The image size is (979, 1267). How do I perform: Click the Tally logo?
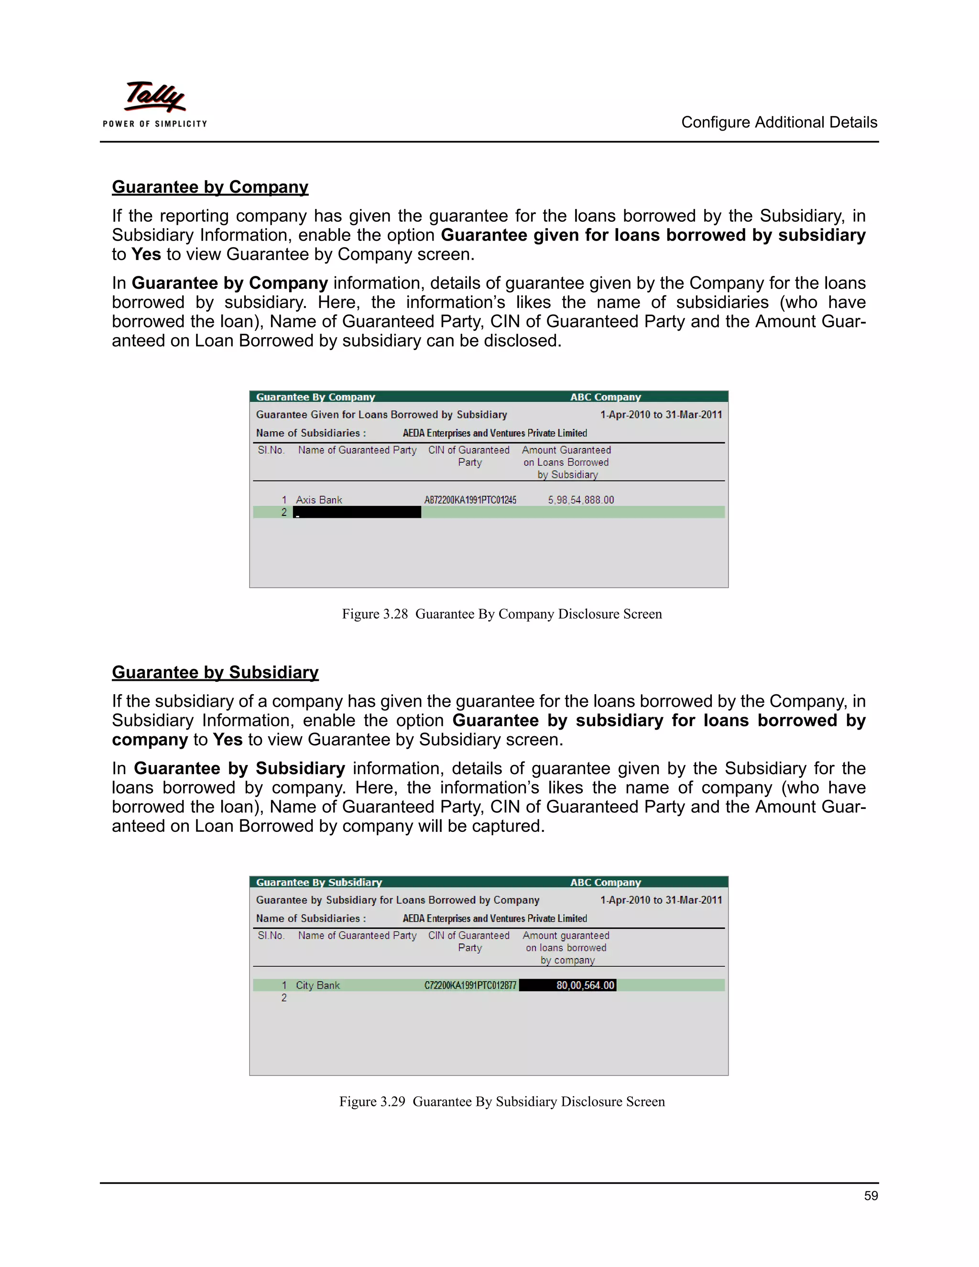coord(155,97)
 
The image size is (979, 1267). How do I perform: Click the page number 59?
coord(870,1196)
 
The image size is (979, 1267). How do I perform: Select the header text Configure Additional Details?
coord(779,122)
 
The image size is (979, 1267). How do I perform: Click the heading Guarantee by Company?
coord(210,187)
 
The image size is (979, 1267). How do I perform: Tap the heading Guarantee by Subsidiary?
coord(215,672)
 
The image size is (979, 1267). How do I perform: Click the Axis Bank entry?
coord(319,500)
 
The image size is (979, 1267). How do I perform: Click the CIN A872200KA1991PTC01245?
coord(470,500)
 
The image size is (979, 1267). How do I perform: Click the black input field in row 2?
coord(357,512)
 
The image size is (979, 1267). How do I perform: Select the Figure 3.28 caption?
coord(501,614)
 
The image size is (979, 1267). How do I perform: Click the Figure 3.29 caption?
coord(501,1102)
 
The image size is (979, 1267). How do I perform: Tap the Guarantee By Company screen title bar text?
coord(315,397)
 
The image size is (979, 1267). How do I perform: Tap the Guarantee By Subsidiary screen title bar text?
coord(319,883)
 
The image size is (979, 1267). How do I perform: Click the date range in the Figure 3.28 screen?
coord(661,415)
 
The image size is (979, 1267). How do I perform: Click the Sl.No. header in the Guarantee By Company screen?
coord(271,450)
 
